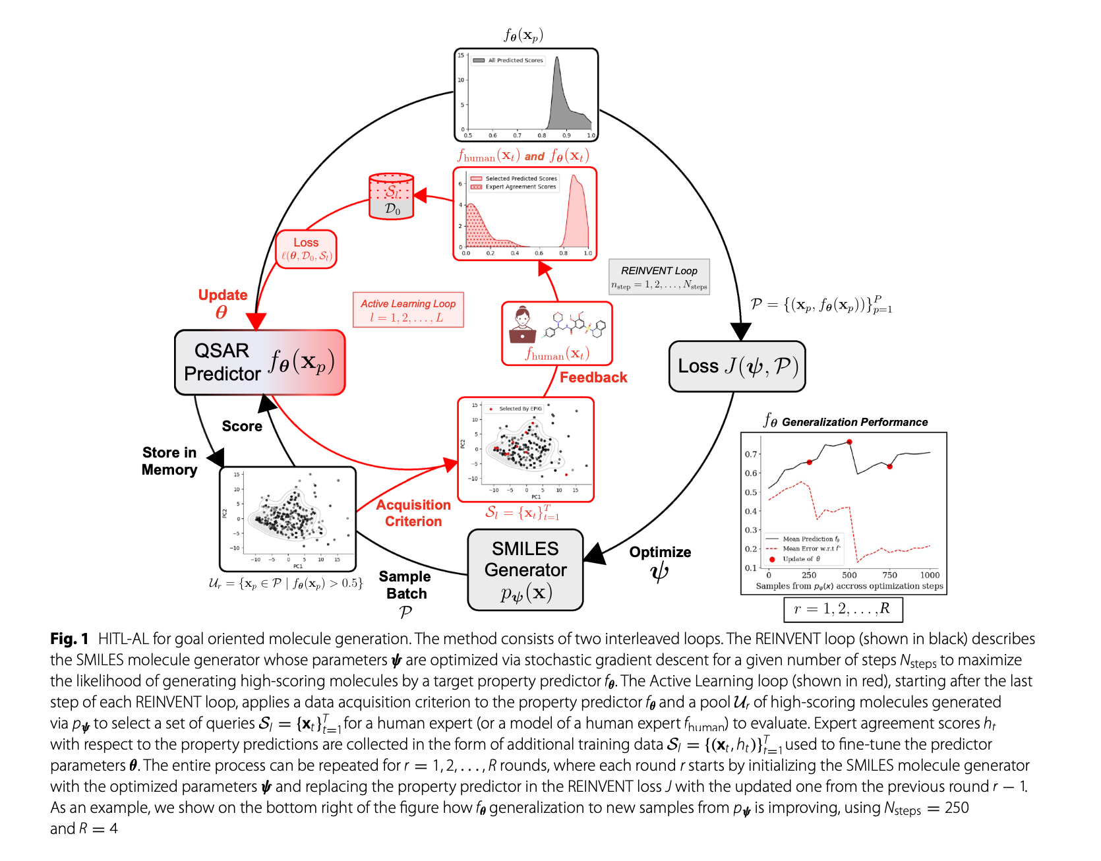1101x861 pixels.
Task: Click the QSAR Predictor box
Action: pyautogui.click(x=259, y=363)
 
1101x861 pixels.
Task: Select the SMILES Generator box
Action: pyautogui.click(x=525, y=570)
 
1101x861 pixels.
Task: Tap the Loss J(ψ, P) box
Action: pyautogui.click(x=737, y=367)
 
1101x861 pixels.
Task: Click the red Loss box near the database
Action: pyautogui.click(x=306, y=249)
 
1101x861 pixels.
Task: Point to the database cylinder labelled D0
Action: pyautogui.click(x=392, y=196)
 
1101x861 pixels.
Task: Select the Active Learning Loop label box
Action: pyautogui.click(x=408, y=310)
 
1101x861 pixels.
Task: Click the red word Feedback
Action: pyautogui.click(x=593, y=378)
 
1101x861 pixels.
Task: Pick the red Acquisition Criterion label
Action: pyautogui.click(x=413, y=513)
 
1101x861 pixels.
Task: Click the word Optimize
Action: pyautogui.click(x=660, y=552)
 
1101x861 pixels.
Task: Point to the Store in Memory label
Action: pyautogui.click(x=169, y=461)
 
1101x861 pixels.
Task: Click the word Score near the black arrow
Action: pyautogui.click(x=242, y=427)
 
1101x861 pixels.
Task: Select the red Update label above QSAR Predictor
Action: pyautogui.click(x=223, y=295)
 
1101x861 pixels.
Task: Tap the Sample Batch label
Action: pyautogui.click(x=405, y=585)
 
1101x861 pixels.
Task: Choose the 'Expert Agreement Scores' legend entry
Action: pyautogui.click(x=520, y=187)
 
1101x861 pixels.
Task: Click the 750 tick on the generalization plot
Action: pyautogui.click(x=890, y=575)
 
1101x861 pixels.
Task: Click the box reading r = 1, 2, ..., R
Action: pyautogui.click(x=843, y=609)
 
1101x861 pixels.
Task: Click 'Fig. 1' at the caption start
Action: pyautogui.click(x=69, y=639)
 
